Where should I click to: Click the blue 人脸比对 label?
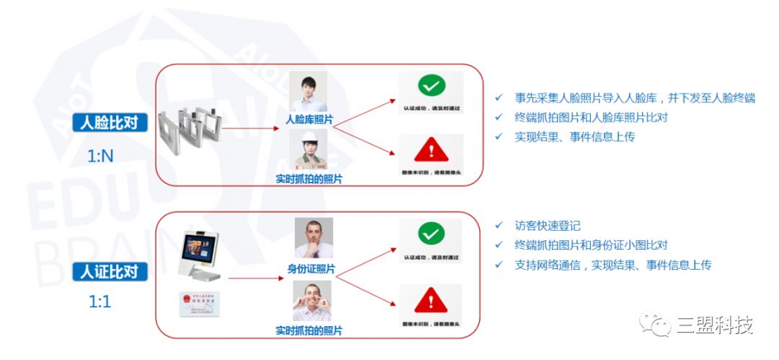pos(110,123)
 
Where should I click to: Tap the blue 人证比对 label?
pos(110,272)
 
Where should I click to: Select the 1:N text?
pos(100,155)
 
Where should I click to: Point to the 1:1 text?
pos(100,302)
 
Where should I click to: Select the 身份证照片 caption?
pos(312,269)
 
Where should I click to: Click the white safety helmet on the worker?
pos(308,137)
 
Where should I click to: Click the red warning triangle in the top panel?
pos(431,151)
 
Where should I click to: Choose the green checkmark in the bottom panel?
pos(431,234)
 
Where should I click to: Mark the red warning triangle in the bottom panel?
pos(431,297)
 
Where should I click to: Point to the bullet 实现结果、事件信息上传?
pos(574,136)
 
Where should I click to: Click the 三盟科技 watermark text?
pos(715,326)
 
